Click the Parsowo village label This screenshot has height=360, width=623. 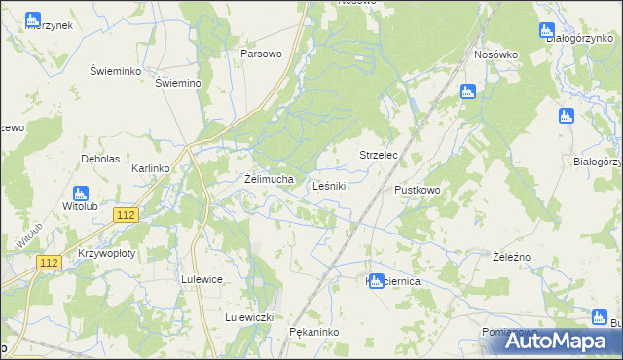(261, 54)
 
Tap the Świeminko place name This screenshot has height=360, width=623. (117, 72)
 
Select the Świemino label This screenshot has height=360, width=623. (178, 83)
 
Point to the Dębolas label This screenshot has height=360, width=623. (99, 159)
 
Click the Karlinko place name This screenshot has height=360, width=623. (151, 168)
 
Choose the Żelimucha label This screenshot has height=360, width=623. (268, 179)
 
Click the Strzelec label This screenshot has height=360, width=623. (380, 155)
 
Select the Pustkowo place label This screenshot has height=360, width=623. (418, 190)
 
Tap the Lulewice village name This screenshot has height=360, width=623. (202, 279)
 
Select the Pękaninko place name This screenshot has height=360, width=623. (313, 332)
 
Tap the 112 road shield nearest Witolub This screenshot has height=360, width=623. (125, 215)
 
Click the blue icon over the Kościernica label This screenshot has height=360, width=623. (376, 280)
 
